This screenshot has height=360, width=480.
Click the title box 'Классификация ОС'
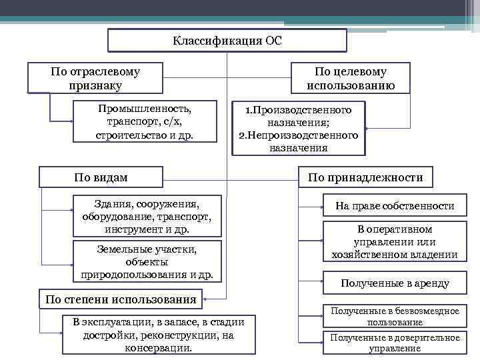(x=227, y=41)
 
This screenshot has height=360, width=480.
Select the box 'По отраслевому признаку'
(x=95, y=78)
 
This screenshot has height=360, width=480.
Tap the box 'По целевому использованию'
(x=351, y=78)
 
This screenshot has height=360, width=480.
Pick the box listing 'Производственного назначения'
(x=298, y=128)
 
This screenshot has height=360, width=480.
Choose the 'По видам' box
(x=101, y=177)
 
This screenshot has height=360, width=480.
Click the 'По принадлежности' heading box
(x=365, y=177)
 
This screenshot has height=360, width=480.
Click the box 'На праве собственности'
(x=395, y=206)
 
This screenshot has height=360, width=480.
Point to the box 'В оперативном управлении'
(x=395, y=241)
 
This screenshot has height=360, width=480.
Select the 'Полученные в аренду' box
(x=395, y=283)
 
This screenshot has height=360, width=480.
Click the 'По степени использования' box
(x=121, y=299)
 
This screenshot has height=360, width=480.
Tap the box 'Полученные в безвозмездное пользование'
(x=395, y=316)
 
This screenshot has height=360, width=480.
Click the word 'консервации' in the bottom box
(x=158, y=348)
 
